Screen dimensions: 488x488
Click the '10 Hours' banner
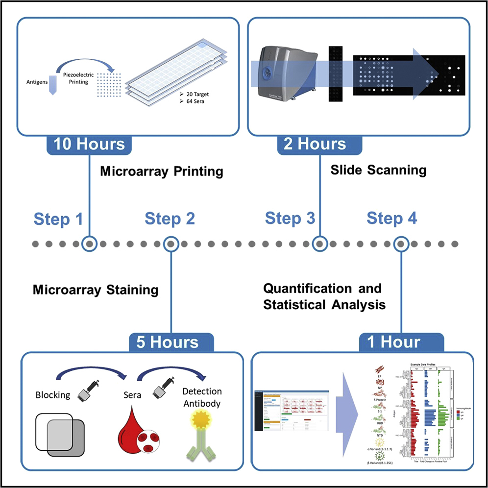pyautogui.click(x=89, y=144)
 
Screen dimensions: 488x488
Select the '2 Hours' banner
pyautogui.click(x=315, y=144)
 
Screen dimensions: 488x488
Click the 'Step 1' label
pyautogui.click(x=58, y=219)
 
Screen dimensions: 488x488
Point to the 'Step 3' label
pyautogui.click(x=290, y=218)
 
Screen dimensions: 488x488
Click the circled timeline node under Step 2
pyautogui.click(x=170, y=244)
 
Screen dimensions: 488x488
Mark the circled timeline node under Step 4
pyautogui.click(x=401, y=244)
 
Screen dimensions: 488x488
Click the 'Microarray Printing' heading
pyautogui.click(x=161, y=172)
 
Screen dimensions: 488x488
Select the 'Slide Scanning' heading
pyautogui.click(x=378, y=170)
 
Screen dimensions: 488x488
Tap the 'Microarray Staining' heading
pyautogui.click(x=96, y=290)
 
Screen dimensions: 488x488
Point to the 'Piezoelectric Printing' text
pyautogui.click(x=76, y=78)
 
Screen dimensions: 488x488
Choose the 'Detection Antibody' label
pyautogui.click(x=201, y=397)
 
